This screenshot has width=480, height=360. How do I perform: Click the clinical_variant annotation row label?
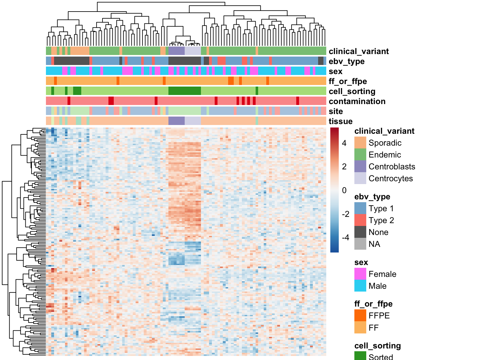359,51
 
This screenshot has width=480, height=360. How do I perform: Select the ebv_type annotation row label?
347,62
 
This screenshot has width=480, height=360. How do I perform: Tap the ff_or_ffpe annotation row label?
348,81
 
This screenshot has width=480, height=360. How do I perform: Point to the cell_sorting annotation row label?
352,91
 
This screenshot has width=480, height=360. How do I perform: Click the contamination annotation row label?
357,101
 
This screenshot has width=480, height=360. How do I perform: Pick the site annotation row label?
336,111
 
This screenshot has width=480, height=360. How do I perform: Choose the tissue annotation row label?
341,121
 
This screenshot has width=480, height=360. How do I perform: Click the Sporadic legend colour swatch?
360,142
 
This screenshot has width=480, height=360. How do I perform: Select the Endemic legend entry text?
385,155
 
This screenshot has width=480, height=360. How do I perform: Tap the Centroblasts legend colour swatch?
360,166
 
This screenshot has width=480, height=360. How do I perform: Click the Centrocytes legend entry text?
391,178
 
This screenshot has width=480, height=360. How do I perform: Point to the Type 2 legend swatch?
360,220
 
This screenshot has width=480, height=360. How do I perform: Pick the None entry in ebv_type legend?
378,232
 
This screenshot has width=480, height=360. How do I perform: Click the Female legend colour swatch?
360,274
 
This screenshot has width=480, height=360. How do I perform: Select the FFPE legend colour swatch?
360,315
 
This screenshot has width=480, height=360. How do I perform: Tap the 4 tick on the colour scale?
344,143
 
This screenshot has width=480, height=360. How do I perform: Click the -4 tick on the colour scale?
346,237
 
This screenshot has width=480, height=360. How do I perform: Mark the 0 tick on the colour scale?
344,190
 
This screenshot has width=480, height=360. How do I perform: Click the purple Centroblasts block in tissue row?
177,121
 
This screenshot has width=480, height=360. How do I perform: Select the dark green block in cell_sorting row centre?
185,91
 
